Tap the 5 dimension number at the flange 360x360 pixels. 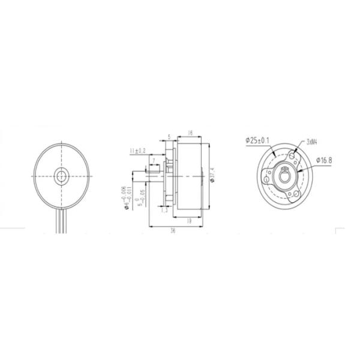tap(170, 137)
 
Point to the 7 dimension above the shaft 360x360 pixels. tap(155, 160)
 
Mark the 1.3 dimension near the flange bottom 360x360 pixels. tap(163, 209)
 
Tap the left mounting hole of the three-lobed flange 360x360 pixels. tap(266, 178)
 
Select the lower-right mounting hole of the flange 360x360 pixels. tap(295, 194)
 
